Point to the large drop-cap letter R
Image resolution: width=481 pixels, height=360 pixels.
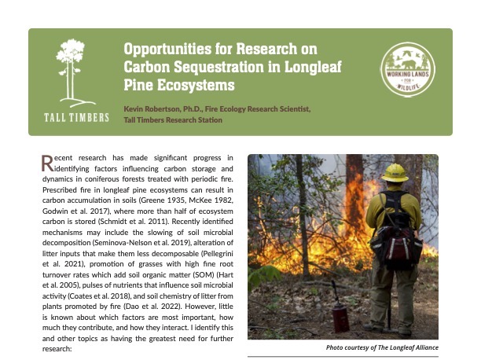point(47,163)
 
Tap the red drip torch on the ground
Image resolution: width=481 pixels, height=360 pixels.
point(340,315)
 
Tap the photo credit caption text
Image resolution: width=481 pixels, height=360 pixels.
point(382,347)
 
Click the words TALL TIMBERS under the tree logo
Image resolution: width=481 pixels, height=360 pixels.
point(70,119)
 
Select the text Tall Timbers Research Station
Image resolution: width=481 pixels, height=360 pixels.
point(173,120)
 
